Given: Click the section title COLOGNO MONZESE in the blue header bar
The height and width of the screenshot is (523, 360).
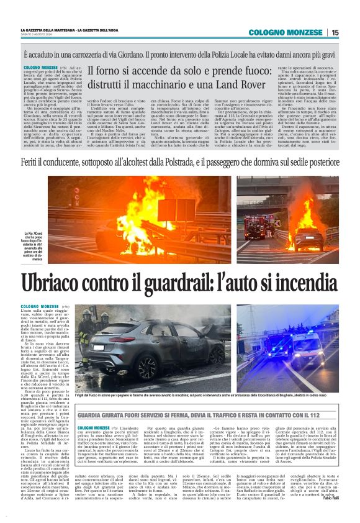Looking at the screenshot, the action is point(286,32).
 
